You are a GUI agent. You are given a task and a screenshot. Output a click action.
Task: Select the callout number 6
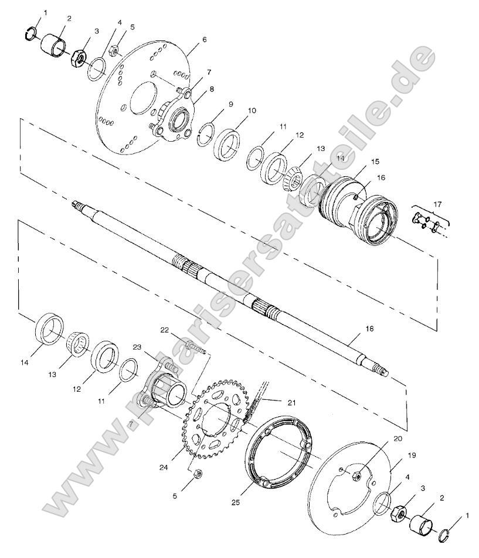[x=204, y=39]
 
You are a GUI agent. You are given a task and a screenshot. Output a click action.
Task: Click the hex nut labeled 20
[x=356, y=476]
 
